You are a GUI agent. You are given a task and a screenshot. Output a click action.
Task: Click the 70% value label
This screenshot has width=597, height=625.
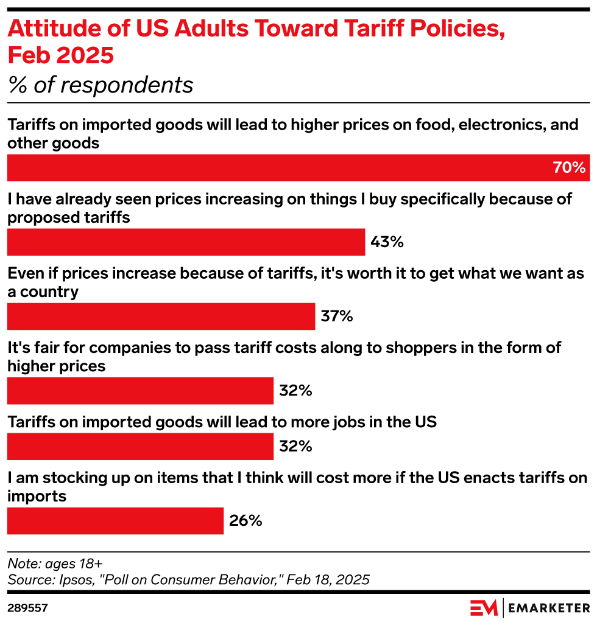pos(568,168)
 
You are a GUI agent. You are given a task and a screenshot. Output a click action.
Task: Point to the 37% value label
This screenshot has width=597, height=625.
pos(337,316)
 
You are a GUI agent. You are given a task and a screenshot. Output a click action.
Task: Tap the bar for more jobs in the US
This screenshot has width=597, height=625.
pos(140,447)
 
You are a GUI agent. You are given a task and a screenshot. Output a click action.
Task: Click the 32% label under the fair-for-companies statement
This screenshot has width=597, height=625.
pos(295,391)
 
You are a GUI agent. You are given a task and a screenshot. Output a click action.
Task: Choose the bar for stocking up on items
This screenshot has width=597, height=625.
pos(115,521)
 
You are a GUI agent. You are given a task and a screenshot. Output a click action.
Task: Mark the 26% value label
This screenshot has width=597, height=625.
pos(246,521)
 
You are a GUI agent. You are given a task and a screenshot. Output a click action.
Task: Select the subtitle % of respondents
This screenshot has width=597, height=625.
pos(101,85)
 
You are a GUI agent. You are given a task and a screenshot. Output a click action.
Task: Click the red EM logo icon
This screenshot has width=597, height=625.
pos(484,607)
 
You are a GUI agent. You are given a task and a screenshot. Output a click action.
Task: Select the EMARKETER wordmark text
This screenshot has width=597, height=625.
pos(548,607)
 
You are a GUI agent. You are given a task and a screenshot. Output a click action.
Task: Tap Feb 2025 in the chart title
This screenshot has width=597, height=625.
pos(60,55)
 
